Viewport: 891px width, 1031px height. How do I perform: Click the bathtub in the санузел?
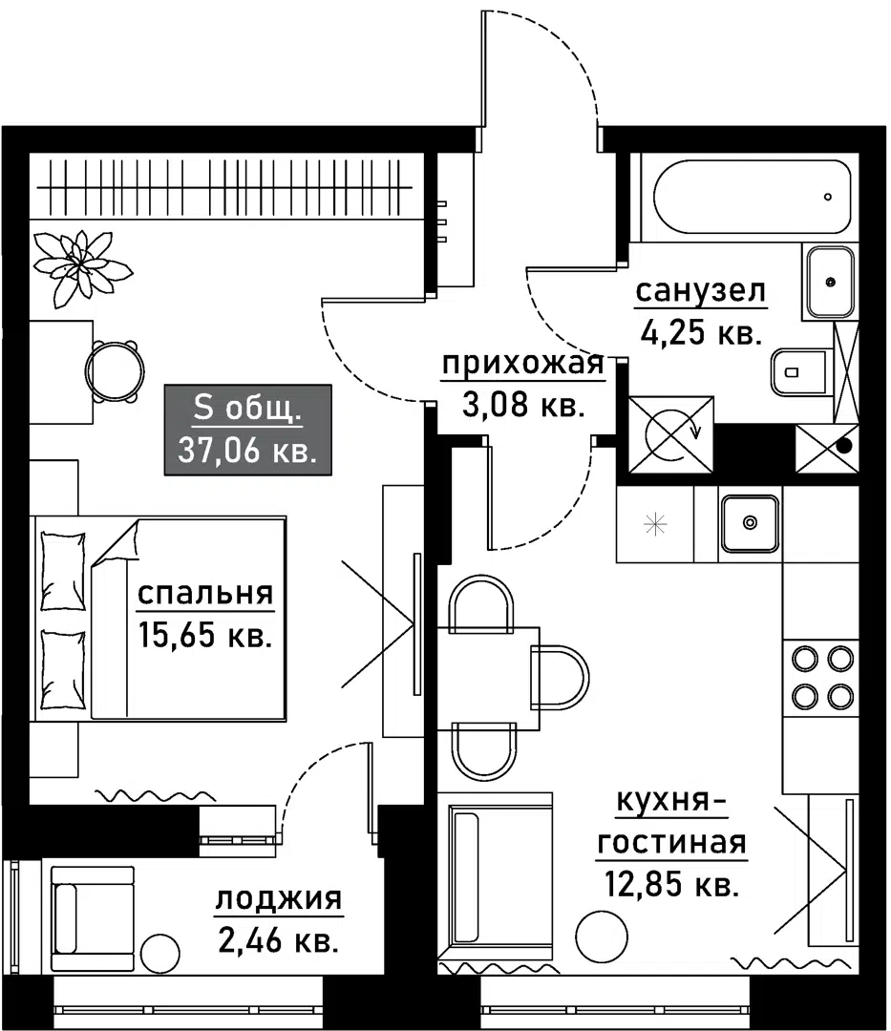coord(753,197)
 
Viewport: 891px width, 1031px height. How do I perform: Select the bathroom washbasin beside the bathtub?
coord(830,282)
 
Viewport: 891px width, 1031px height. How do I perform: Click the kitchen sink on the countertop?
coord(750,523)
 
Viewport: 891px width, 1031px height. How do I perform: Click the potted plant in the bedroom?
coord(82,267)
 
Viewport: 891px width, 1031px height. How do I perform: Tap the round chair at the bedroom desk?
coord(115,371)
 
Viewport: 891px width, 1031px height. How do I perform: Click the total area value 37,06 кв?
coord(247,452)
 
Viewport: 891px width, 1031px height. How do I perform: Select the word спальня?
coord(205,594)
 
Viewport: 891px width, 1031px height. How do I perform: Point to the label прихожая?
coord(522,364)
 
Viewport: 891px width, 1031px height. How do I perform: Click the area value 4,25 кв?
coord(701,333)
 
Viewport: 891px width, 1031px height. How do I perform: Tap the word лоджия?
coord(279,898)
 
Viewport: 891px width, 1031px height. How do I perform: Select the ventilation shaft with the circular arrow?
coord(671,434)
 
